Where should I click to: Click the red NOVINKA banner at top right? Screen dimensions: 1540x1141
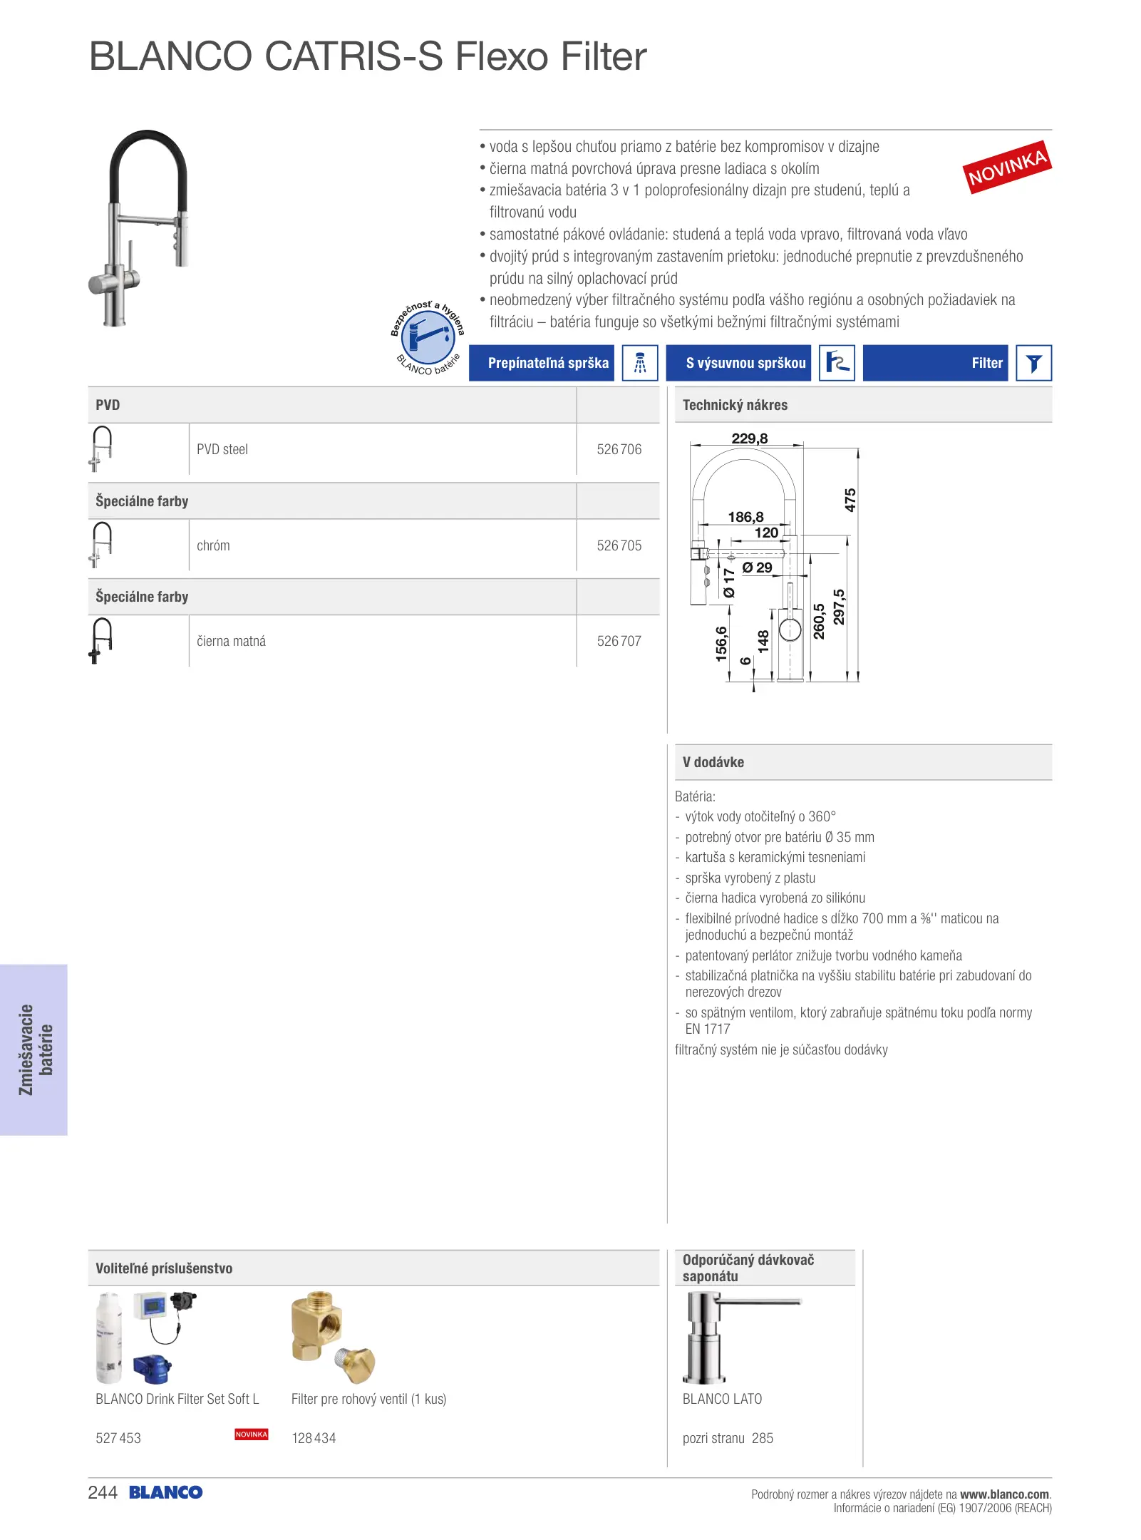click(1006, 168)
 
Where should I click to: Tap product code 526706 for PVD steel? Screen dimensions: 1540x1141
click(619, 449)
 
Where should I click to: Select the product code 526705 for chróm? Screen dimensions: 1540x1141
click(619, 545)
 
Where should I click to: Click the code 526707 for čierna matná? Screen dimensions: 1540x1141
click(619, 641)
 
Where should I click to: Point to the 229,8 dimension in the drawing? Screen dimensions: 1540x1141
click(749, 438)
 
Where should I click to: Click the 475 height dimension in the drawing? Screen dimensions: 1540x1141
click(850, 500)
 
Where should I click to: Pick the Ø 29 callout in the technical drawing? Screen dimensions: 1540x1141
click(757, 568)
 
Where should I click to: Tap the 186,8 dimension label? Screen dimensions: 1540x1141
click(745, 517)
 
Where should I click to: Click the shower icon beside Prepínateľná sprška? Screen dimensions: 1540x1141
click(639, 363)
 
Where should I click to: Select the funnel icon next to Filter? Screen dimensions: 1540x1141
click(1033, 363)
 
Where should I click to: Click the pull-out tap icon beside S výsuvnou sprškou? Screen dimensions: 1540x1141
click(837, 363)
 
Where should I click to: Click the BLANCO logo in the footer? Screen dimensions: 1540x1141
click(165, 1492)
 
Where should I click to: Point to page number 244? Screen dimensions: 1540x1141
click(103, 1492)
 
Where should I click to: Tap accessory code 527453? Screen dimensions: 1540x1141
click(118, 1438)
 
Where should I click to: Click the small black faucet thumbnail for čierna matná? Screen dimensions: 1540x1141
click(101, 640)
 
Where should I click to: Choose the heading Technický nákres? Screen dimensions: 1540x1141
click(735, 405)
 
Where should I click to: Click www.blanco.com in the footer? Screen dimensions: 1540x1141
click(1004, 1494)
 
